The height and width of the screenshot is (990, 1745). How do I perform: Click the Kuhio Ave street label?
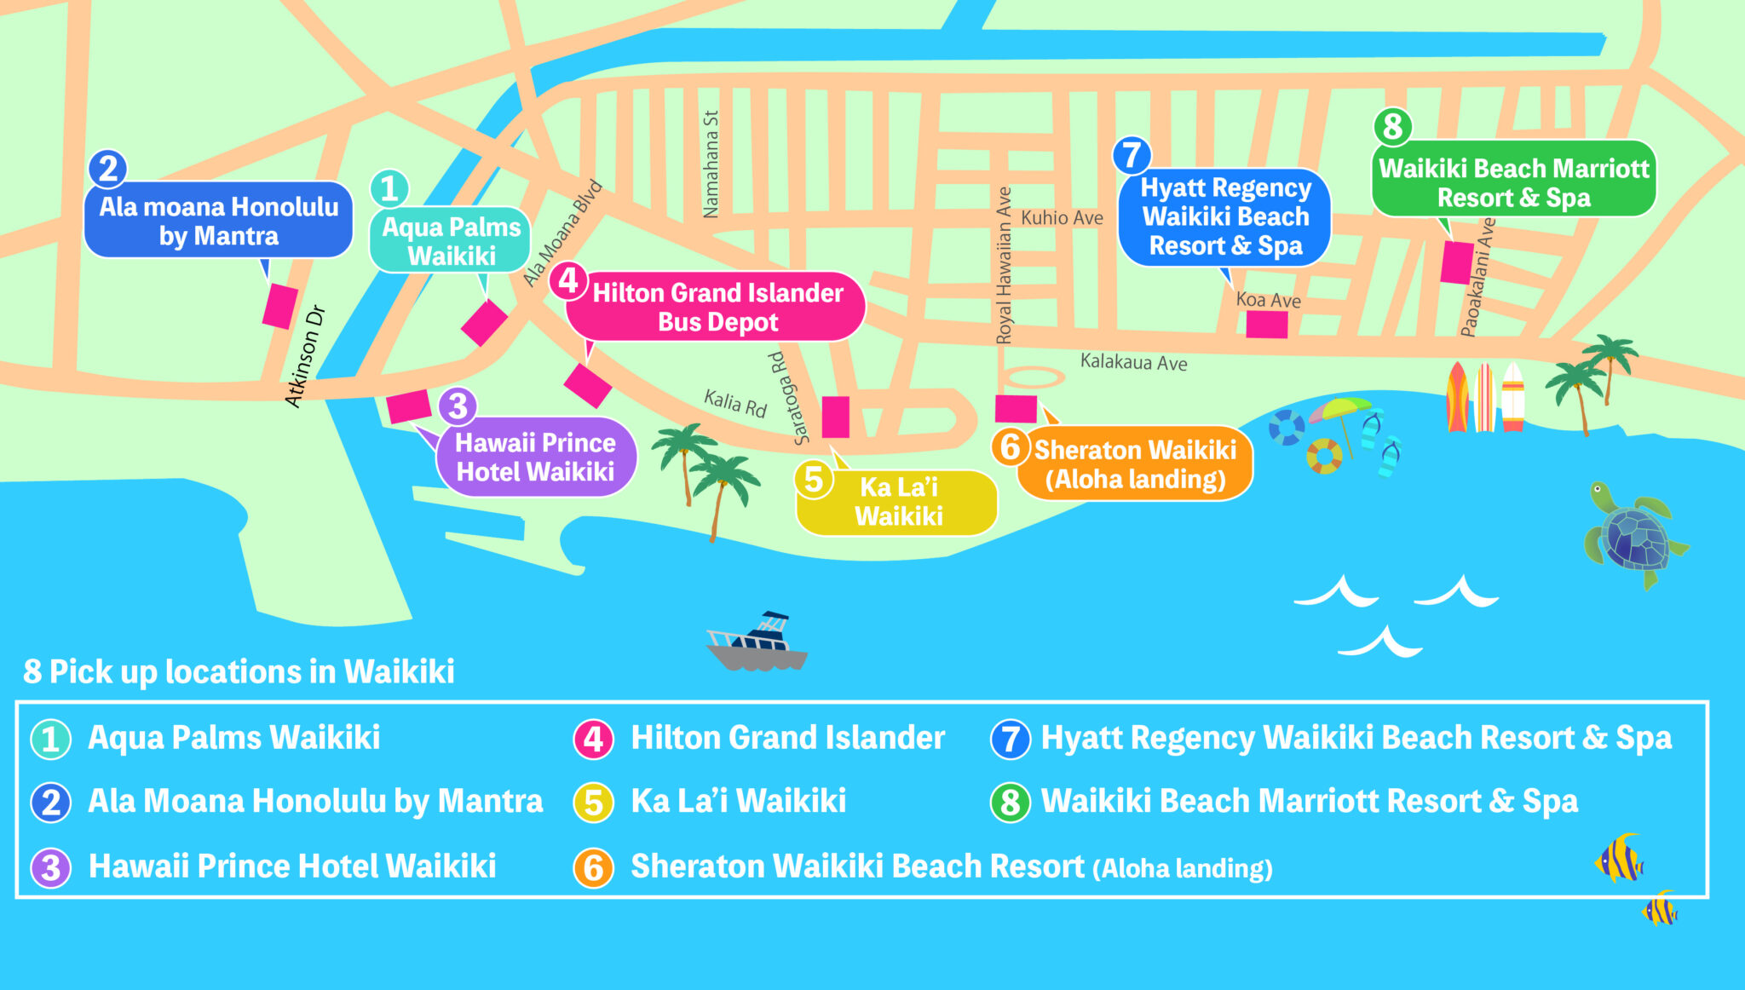click(1062, 218)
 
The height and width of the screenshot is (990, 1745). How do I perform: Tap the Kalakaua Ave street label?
click(1133, 362)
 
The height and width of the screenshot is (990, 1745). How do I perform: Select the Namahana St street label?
click(711, 164)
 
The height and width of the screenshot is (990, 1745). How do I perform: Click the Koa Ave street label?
click(1268, 300)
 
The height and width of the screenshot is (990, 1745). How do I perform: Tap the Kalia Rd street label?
click(734, 402)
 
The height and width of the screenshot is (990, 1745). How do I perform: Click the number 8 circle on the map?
click(1392, 127)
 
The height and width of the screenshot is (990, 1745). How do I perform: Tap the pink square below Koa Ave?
click(1266, 325)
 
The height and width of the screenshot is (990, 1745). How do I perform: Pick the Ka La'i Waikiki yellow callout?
click(898, 503)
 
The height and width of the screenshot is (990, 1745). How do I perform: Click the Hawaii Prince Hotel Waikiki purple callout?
click(535, 458)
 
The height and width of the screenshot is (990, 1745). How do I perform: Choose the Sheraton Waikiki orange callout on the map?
click(1135, 464)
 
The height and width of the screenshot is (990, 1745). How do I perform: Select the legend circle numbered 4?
click(593, 739)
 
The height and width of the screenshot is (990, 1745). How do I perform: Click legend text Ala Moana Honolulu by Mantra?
click(314, 802)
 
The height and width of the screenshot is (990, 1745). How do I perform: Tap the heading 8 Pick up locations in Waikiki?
click(239, 671)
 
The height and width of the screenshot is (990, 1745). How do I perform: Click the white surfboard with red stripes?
click(1512, 397)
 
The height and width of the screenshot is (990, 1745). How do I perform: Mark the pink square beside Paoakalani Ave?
click(1456, 262)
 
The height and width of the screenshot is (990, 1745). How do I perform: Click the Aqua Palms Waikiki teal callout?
click(451, 241)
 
